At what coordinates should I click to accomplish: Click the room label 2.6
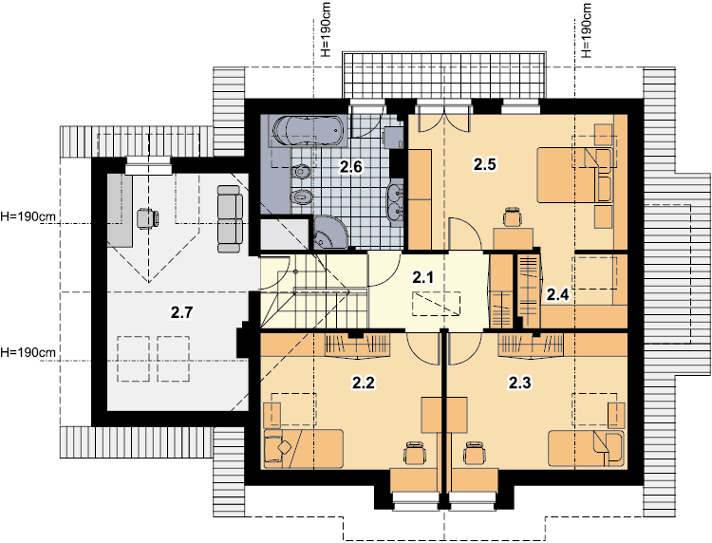(x=351, y=167)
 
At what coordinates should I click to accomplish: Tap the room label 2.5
(x=484, y=164)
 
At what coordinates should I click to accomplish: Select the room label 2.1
(x=422, y=277)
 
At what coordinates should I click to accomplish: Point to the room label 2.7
(x=181, y=312)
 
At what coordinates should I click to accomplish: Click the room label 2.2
(x=364, y=383)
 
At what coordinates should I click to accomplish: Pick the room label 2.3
(x=519, y=383)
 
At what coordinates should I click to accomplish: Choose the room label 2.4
(x=557, y=295)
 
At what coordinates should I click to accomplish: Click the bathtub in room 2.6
(x=309, y=131)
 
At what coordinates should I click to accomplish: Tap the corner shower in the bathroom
(x=330, y=233)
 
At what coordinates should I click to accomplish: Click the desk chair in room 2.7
(x=147, y=218)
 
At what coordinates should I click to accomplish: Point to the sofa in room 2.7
(x=230, y=219)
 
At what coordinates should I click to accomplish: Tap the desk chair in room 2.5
(x=513, y=216)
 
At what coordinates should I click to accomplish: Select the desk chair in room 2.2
(x=415, y=452)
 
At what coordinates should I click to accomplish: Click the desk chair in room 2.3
(x=474, y=452)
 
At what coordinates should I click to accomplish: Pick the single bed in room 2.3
(x=586, y=449)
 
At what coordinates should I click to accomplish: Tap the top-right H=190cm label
(x=587, y=31)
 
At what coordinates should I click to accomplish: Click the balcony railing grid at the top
(x=444, y=74)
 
